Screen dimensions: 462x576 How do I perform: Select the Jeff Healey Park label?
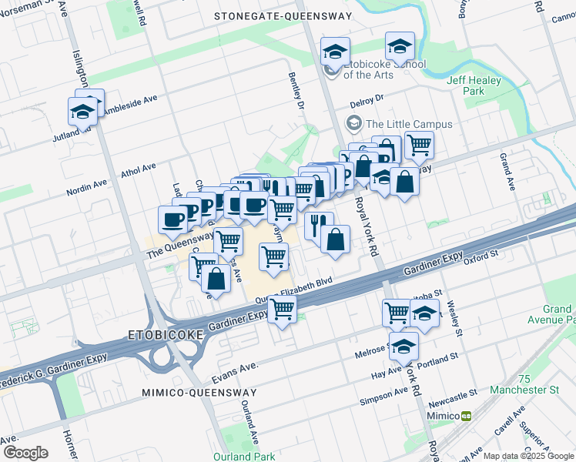473,85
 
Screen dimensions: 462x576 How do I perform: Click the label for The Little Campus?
408,124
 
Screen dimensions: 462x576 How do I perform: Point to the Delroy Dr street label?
367,99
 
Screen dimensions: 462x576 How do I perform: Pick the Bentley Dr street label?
296,91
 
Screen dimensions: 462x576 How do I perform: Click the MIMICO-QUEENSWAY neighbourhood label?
199,393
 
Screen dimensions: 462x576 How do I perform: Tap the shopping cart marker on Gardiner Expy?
283,309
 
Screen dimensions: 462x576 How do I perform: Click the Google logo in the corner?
25,453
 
